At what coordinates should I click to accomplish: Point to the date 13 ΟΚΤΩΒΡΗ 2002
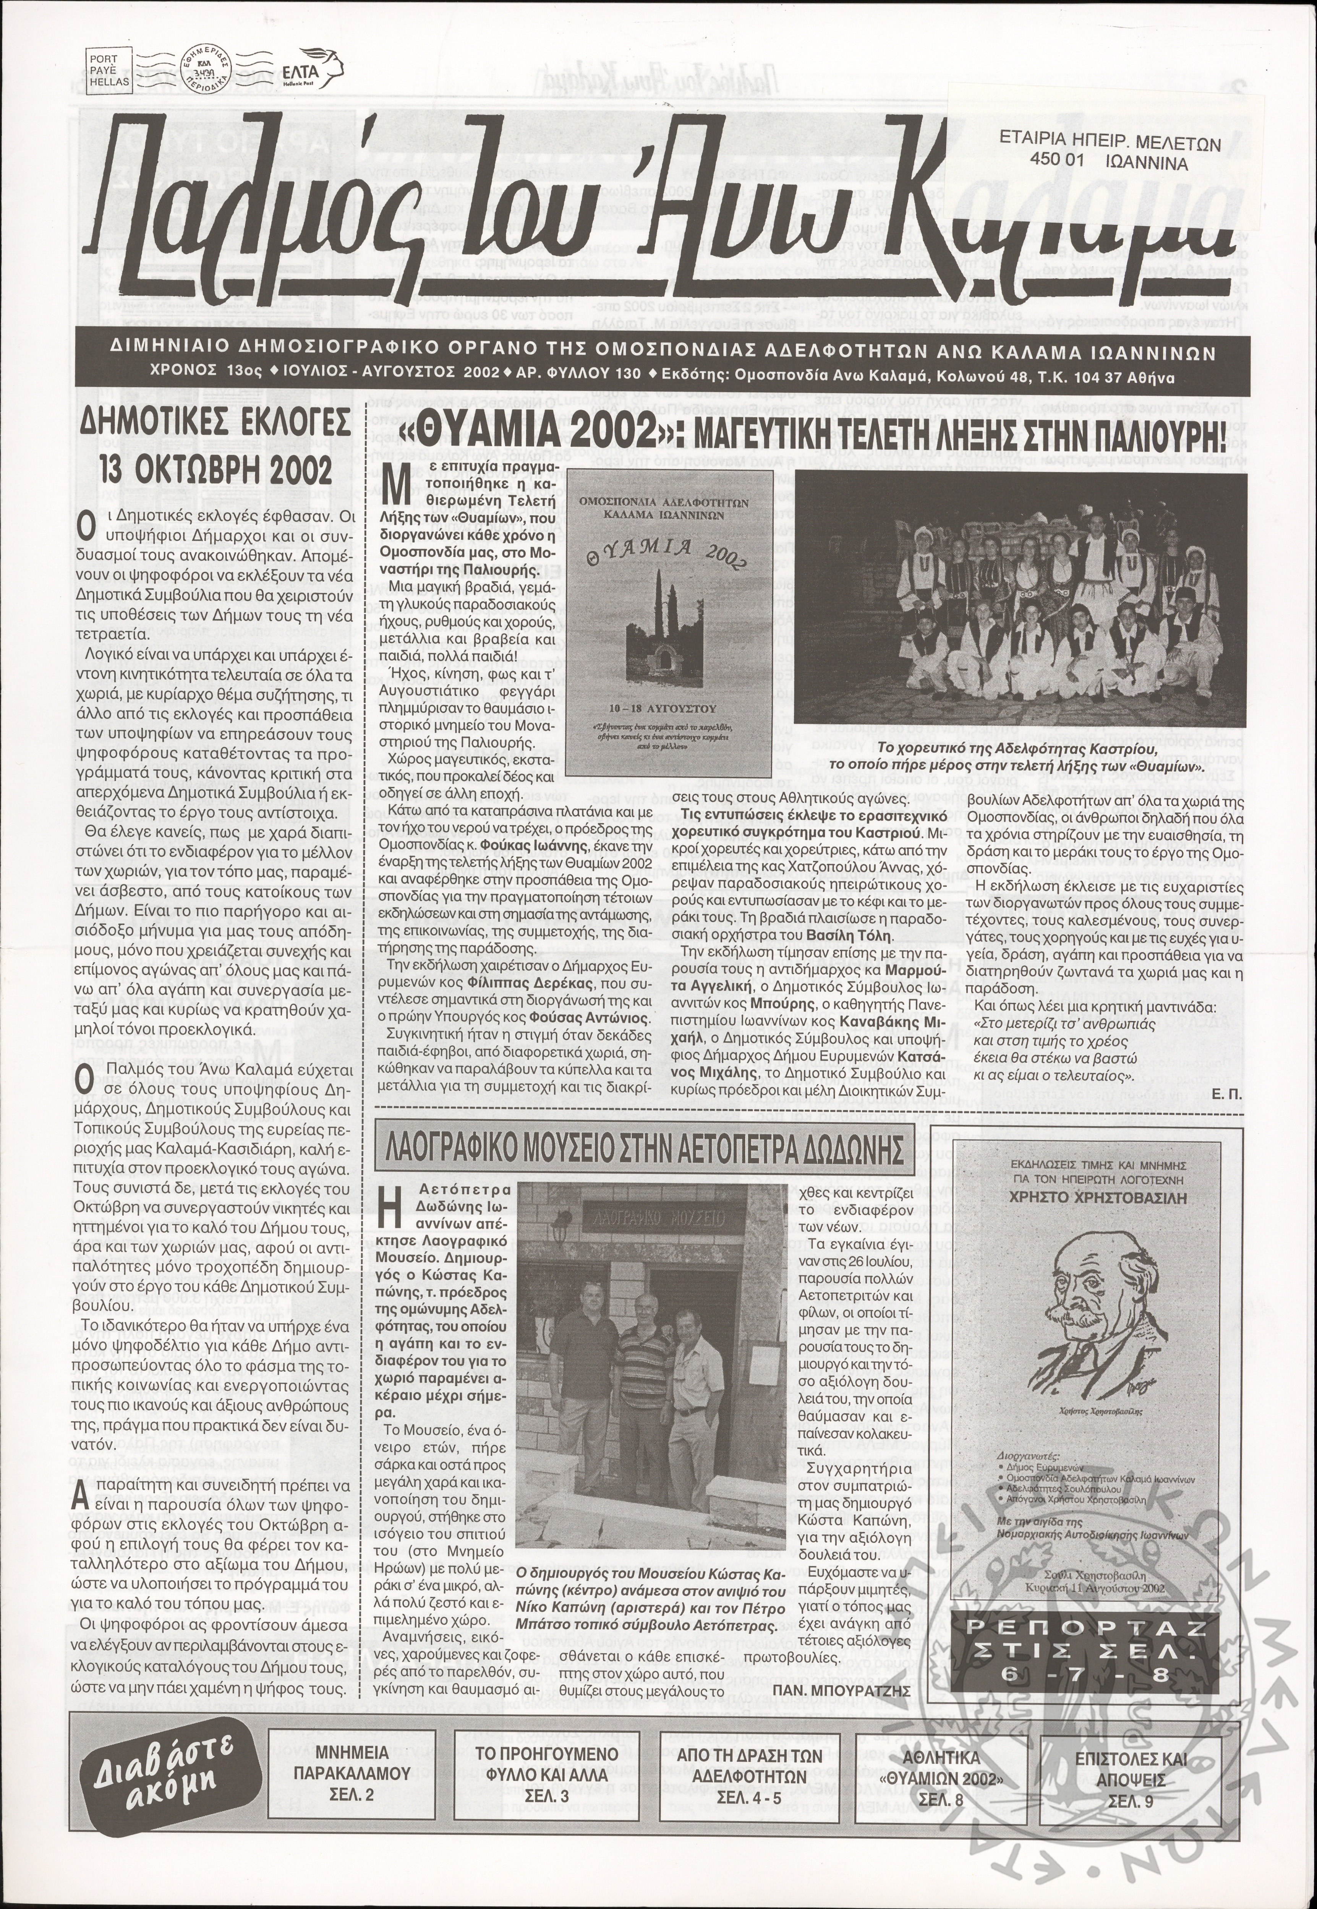(x=215, y=470)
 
